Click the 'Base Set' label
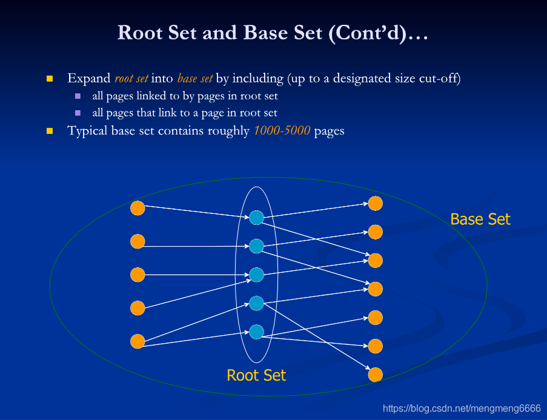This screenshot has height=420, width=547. pyautogui.click(x=480, y=219)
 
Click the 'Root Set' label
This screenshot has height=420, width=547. pyautogui.click(x=256, y=375)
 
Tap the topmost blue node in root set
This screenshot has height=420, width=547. pyautogui.click(x=257, y=218)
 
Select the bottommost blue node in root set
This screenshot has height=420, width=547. pyautogui.click(x=257, y=332)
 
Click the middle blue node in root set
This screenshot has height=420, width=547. pyautogui.click(x=257, y=275)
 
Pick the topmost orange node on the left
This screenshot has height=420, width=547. pyautogui.click(x=138, y=208)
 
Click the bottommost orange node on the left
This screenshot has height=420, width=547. pyautogui.click(x=138, y=341)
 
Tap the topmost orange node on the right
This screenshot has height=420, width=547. pyautogui.click(x=376, y=204)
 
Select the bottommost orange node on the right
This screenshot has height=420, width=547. pyautogui.click(x=376, y=374)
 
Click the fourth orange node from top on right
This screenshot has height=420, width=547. pyautogui.click(x=376, y=289)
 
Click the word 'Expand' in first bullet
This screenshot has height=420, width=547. pyautogui.click(x=89, y=79)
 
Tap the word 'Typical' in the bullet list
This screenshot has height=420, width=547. pyautogui.click(x=88, y=131)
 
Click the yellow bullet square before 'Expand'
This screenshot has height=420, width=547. pyautogui.click(x=50, y=79)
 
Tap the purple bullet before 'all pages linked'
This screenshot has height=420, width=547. pyautogui.click(x=78, y=96)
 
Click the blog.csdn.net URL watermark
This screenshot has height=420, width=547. pyautogui.click(x=462, y=408)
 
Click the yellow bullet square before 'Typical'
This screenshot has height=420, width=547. pyautogui.click(x=50, y=131)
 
